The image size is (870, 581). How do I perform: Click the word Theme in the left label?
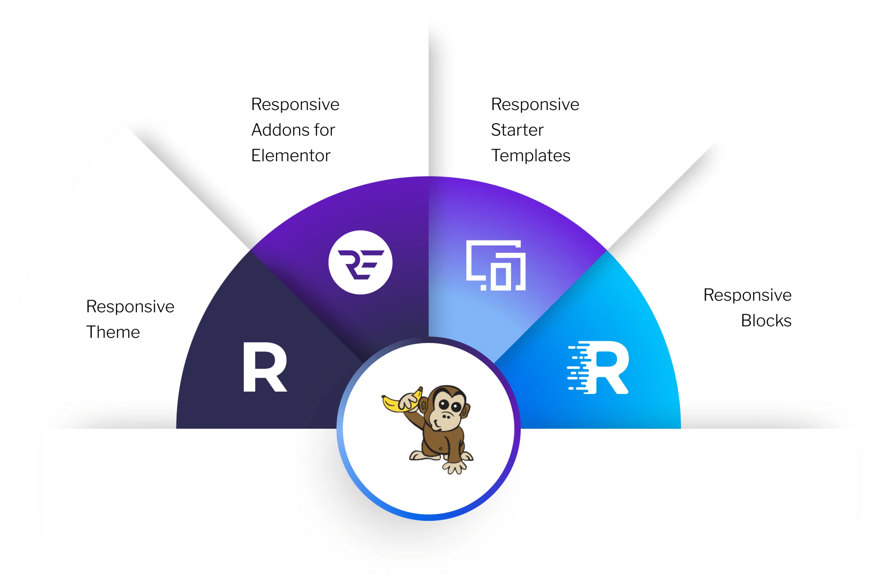(x=113, y=332)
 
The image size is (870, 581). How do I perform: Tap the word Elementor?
(x=291, y=156)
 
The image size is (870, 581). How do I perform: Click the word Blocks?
(x=766, y=321)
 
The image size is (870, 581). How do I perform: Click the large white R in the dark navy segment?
(x=264, y=367)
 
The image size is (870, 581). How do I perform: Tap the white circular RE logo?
(x=360, y=262)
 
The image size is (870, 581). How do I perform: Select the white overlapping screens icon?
(x=495, y=265)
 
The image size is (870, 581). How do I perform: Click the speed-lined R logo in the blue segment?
(x=598, y=368)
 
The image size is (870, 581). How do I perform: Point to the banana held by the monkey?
(x=401, y=400)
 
